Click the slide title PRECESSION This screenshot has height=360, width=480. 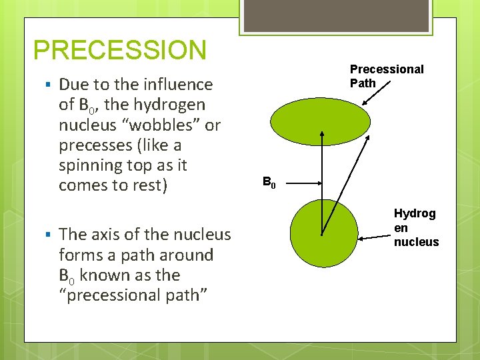pos(120,51)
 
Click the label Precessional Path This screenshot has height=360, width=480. pos(386,76)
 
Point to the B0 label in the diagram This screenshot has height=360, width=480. pos(269,182)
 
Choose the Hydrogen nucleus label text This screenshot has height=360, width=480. pos(415,227)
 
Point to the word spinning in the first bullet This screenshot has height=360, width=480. pos(91,165)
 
